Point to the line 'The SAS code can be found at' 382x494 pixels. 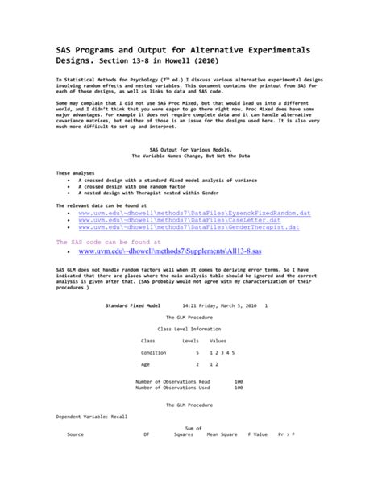(108, 241)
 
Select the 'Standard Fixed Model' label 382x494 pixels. (133, 307)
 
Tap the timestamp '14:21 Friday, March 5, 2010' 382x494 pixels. (217, 307)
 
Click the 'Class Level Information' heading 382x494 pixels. (189, 330)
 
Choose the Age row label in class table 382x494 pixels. (146, 364)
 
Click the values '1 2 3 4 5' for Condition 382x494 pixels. (221, 353)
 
